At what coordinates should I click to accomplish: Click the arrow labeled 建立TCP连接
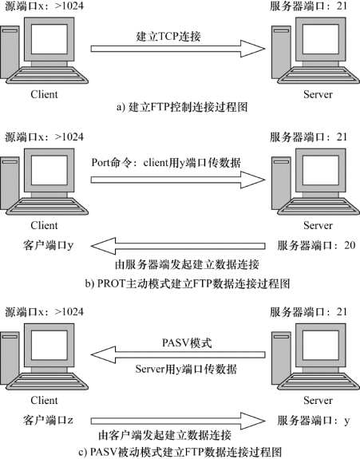click(178, 49)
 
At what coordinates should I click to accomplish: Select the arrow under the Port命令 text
click(178, 180)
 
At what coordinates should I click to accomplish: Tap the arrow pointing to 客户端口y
click(178, 246)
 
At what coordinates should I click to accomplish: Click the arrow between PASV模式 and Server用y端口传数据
click(178, 354)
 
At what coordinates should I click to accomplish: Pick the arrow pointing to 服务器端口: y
click(178, 421)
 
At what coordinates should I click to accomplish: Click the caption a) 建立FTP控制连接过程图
click(182, 107)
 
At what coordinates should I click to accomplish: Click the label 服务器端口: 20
click(316, 245)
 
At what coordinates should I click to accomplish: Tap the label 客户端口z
click(48, 421)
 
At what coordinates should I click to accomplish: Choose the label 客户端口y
click(48, 245)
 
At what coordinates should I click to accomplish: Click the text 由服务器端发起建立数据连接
click(187, 265)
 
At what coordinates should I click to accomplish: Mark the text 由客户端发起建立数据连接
click(164, 435)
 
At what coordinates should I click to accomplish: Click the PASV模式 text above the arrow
click(187, 342)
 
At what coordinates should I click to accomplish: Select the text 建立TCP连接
click(168, 36)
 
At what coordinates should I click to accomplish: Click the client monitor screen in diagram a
click(49, 39)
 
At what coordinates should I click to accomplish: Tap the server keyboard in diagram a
click(318, 75)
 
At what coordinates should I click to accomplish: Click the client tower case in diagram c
click(10, 358)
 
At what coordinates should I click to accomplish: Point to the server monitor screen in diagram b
click(321, 170)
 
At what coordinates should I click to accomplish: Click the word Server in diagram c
click(318, 400)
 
